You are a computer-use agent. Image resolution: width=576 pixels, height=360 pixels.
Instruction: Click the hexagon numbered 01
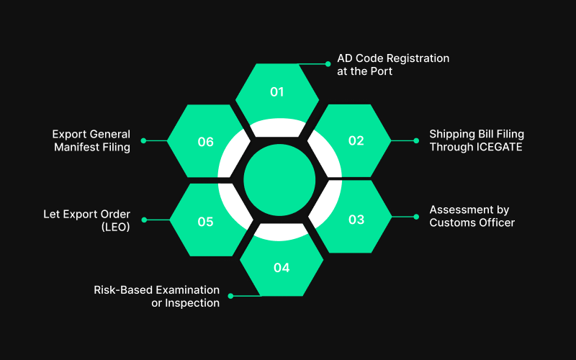(277, 92)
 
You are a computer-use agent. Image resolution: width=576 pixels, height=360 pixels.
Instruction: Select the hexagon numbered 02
(356, 141)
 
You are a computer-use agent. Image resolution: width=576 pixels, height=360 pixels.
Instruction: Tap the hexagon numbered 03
(356, 220)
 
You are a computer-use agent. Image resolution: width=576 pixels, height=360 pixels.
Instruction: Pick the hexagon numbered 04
(281, 267)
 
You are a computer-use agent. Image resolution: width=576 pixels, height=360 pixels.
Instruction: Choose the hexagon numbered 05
(206, 221)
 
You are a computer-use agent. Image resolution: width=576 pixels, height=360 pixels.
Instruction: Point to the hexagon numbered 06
(206, 142)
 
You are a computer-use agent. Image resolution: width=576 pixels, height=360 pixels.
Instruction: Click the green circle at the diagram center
(280, 180)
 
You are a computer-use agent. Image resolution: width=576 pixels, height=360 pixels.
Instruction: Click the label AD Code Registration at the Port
(392, 65)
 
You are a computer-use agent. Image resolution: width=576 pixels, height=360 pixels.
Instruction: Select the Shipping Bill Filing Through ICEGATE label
(475, 140)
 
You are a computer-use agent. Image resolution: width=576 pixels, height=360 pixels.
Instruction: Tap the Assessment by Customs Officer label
(472, 216)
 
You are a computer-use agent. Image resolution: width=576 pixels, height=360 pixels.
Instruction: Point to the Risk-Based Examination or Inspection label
(157, 296)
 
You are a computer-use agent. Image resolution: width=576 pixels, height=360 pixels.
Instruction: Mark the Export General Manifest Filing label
(91, 140)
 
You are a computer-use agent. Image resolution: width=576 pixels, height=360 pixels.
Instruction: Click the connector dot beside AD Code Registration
(328, 63)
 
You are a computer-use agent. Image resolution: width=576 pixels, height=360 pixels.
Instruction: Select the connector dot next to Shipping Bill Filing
(416, 140)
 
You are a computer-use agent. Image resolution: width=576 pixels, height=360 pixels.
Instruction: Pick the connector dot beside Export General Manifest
(143, 140)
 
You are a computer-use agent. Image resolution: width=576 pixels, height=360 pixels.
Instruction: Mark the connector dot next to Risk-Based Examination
(230, 295)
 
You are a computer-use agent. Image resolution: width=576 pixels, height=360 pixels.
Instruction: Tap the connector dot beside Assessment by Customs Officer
(416, 216)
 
